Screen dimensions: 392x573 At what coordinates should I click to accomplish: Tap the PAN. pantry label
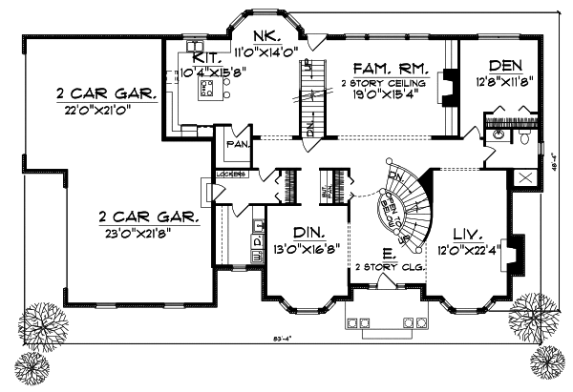pos(237,144)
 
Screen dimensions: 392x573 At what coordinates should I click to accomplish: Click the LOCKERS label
pos(232,175)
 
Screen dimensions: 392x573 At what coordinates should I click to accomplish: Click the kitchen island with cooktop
pos(205,90)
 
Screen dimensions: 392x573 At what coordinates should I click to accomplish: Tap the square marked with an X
pos(523,177)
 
